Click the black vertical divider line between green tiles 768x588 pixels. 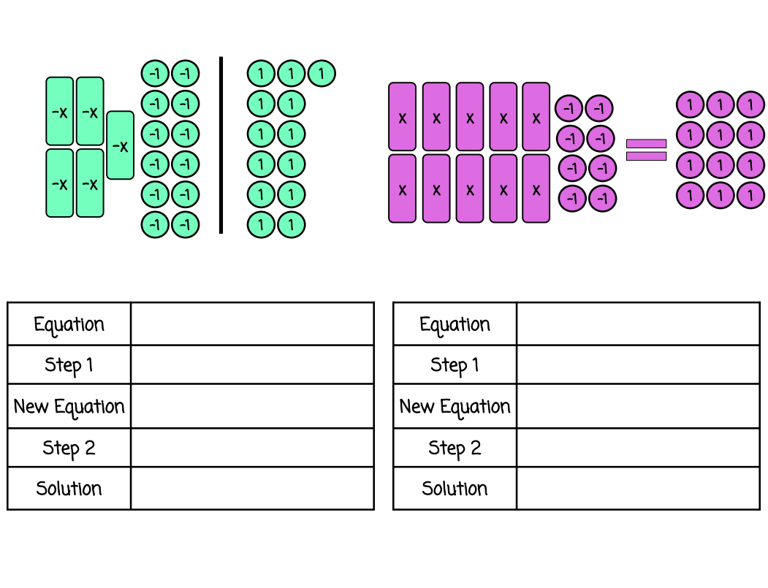click(221, 145)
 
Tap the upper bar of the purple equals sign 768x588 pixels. click(646, 143)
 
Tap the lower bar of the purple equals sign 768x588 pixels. click(646, 156)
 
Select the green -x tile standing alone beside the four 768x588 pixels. click(120, 145)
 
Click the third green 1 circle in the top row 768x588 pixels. click(322, 74)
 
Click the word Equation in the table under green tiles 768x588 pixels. click(69, 324)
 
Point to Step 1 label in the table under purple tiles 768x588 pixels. click(455, 364)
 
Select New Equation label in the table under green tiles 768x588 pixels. click(69, 406)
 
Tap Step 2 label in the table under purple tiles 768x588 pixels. click(455, 448)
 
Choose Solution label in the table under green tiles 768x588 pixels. click(69, 489)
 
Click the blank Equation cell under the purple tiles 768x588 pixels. click(638, 324)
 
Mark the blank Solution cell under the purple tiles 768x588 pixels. click(638, 489)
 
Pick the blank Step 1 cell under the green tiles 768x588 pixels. click(252, 364)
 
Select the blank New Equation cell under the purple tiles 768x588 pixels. click(638, 406)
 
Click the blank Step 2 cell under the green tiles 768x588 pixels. click(252, 448)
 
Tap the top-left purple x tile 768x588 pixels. click(402, 117)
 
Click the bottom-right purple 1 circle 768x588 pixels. click(750, 196)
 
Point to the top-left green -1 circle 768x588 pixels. click(155, 74)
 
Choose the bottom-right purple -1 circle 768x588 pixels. click(602, 198)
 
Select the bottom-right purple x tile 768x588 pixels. click(536, 188)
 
